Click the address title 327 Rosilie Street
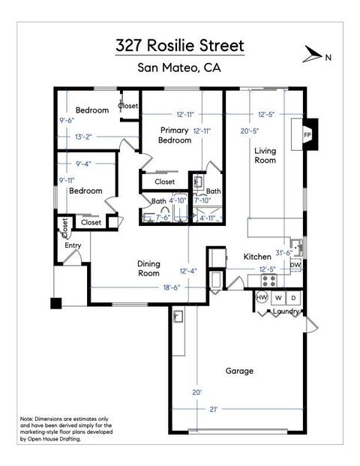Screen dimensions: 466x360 180,46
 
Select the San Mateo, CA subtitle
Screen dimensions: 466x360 180,69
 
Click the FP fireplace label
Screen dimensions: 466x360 307,134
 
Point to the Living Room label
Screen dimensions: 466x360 265,155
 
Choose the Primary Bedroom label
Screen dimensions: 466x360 174,135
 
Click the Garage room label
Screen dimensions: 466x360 239,371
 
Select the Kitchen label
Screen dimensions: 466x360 256,257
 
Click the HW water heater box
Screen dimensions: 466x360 262,298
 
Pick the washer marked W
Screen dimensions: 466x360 278,298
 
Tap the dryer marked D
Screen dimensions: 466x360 293,298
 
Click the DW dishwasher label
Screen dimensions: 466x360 295,265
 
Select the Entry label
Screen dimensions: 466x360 73,245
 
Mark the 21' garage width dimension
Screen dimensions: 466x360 214,409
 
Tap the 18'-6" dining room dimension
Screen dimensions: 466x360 150,288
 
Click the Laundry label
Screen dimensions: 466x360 286,311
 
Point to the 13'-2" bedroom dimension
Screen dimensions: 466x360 83,137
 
